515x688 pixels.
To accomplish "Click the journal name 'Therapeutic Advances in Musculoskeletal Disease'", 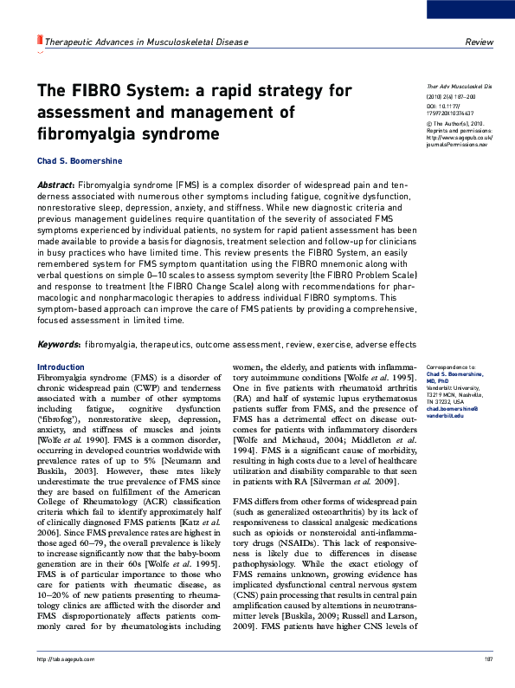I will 133,42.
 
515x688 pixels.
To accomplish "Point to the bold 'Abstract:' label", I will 56,185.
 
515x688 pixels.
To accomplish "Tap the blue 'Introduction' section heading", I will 61,367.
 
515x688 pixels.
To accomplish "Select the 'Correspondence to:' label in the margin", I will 452,368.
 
